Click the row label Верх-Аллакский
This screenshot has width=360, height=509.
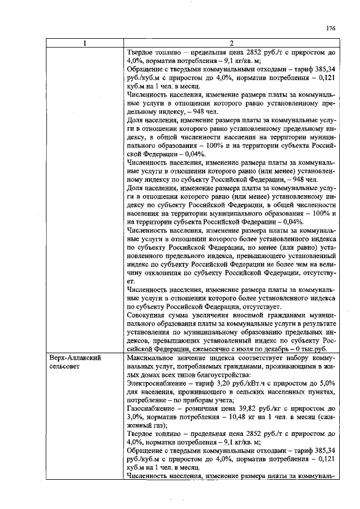[75, 357]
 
